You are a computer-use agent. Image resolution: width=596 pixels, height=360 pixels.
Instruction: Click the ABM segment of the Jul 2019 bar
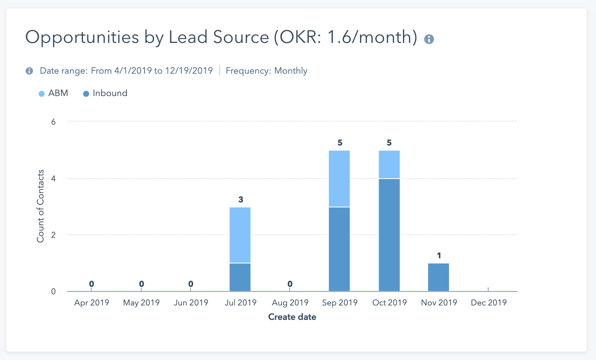240,235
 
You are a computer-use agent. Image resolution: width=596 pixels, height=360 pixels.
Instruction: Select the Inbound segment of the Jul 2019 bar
240,277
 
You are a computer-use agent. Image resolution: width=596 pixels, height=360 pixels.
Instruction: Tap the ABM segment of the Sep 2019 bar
339,178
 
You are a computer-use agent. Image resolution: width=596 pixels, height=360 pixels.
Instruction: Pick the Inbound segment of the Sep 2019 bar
339,249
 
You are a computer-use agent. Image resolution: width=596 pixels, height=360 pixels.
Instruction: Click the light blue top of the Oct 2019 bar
389,164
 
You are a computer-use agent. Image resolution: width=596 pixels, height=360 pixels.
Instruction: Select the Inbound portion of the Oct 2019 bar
389,235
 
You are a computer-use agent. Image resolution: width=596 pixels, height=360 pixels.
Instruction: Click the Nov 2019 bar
438,277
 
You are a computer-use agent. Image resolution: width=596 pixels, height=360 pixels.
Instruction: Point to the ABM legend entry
53,93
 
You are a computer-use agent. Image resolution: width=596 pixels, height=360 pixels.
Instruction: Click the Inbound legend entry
105,93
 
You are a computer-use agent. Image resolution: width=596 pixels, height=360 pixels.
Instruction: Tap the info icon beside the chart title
429,39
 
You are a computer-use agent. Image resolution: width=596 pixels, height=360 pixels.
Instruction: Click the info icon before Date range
29,71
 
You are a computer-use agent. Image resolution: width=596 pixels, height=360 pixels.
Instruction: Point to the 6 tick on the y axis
53,122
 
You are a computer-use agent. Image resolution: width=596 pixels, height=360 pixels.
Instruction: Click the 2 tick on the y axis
53,235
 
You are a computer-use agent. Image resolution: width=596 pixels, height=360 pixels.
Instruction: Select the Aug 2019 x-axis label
290,303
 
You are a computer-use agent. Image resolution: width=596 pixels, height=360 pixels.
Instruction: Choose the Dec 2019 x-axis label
488,303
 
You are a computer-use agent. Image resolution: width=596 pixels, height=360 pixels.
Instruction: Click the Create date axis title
292,317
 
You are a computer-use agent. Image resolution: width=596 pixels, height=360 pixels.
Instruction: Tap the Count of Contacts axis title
41,206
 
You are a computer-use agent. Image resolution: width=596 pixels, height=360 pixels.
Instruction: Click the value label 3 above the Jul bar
241,200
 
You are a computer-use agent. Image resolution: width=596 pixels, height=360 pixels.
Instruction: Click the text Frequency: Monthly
266,71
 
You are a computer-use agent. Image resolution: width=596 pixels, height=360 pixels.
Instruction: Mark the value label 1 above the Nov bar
439,256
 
